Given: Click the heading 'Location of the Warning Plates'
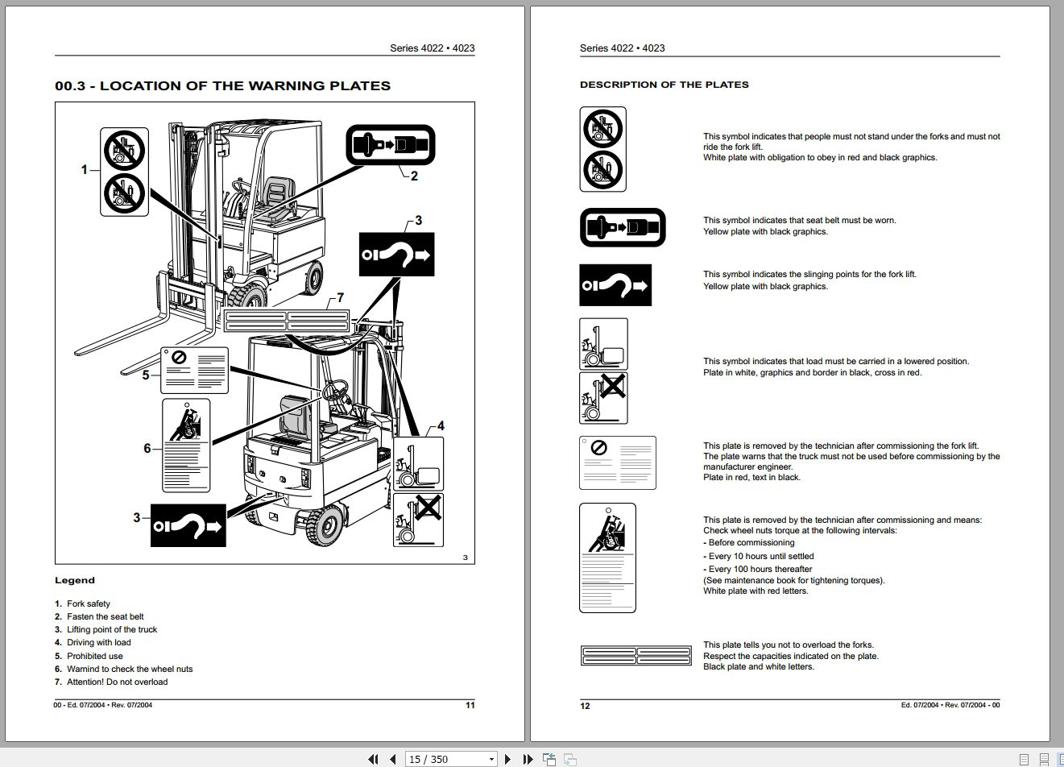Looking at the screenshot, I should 222,86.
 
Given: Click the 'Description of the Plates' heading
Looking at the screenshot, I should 664,85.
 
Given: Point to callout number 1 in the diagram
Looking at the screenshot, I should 84,169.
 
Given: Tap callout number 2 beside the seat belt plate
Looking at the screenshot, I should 414,176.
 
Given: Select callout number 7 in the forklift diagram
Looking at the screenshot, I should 340,298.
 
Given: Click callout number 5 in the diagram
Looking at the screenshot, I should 146,375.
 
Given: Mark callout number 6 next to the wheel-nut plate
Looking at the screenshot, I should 147,448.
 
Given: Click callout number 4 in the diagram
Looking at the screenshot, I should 441,426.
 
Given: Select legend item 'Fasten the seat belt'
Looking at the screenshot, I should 105,616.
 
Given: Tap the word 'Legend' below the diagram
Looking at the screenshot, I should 75,580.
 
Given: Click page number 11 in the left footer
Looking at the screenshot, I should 470,705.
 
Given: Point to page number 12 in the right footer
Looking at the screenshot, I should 586,706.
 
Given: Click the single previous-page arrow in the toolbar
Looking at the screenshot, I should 392,759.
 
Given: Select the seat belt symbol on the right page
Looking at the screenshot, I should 623,227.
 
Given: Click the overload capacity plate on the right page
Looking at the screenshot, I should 636,656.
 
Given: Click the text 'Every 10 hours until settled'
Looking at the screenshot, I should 760,556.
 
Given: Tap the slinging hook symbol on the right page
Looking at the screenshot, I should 615,285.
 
